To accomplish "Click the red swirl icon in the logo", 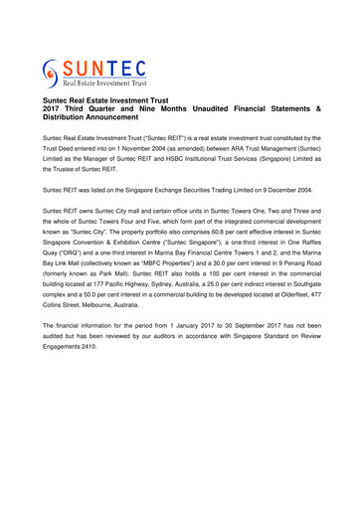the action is pyautogui.click(x=52, y=73).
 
